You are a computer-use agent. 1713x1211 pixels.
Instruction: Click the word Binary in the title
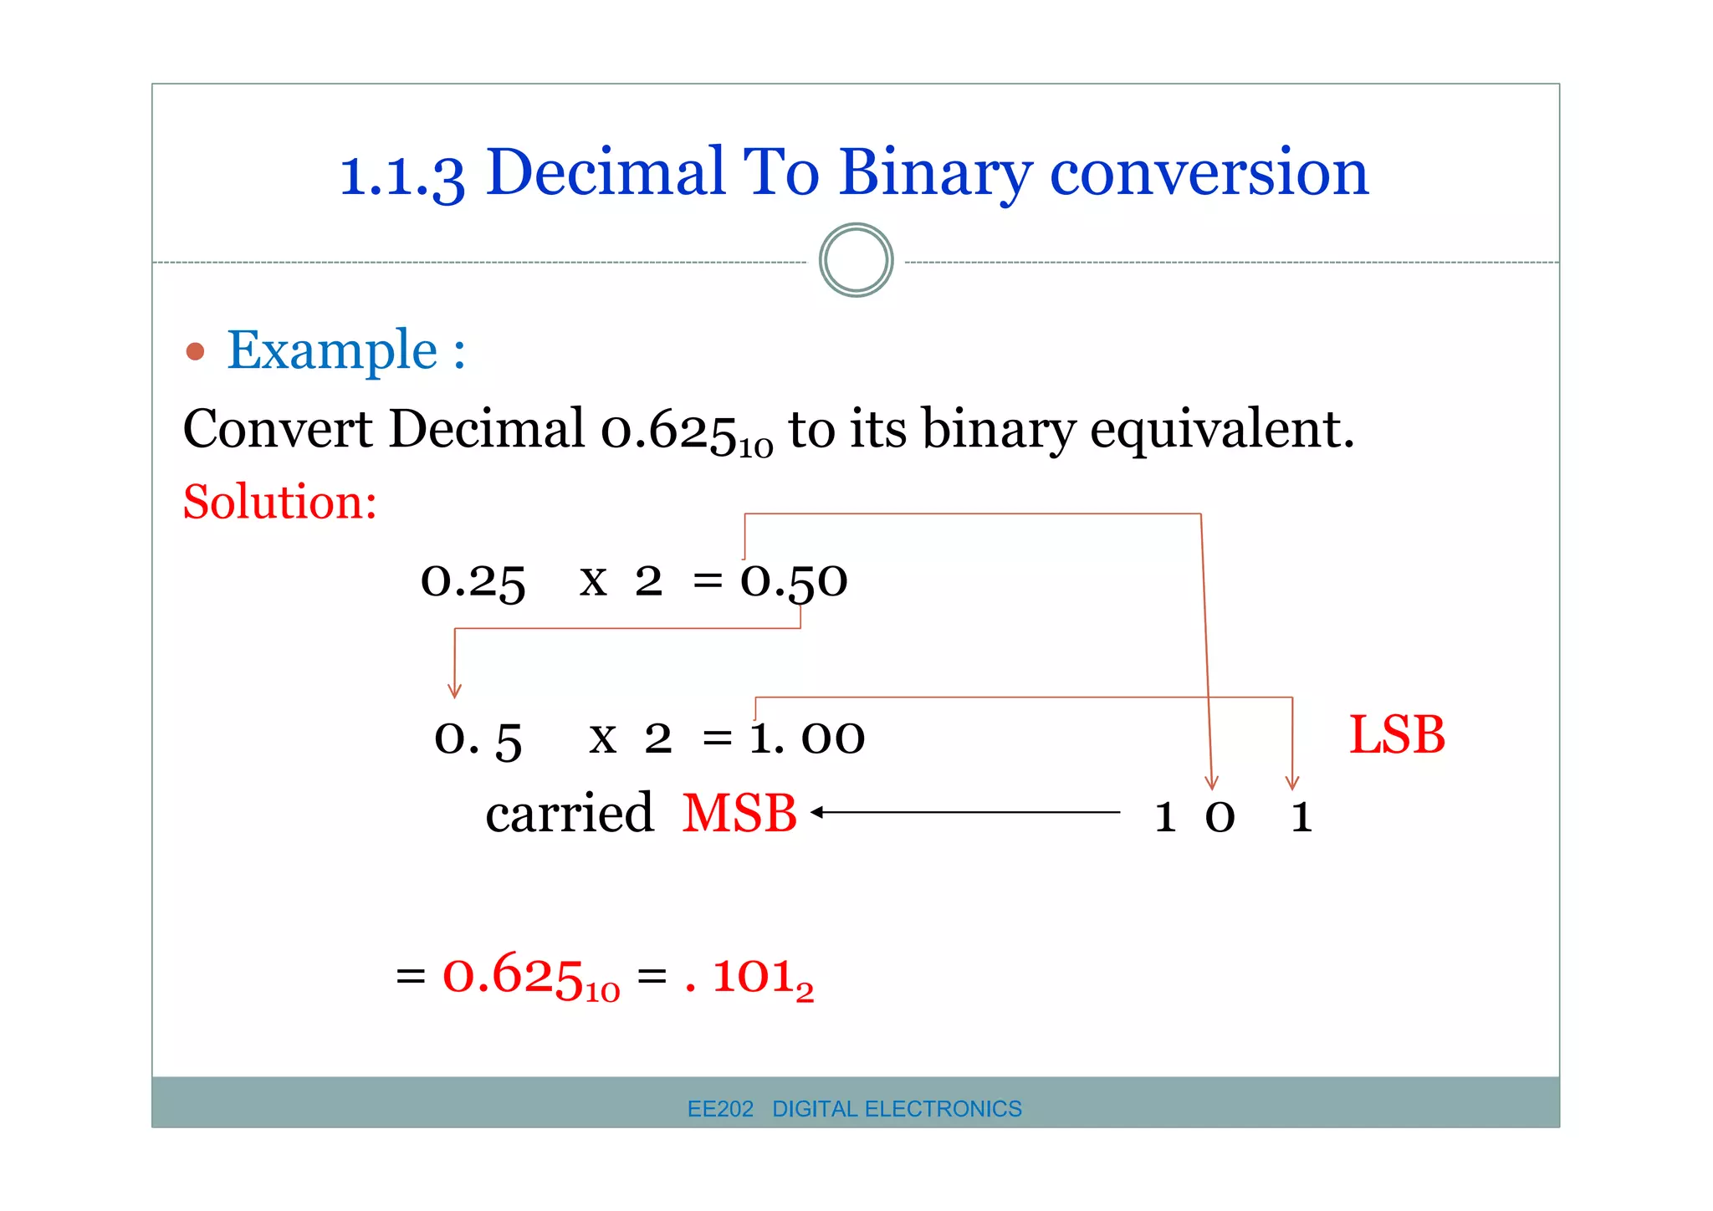coord(935,173)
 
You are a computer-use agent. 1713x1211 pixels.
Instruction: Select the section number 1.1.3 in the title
coord(401,176)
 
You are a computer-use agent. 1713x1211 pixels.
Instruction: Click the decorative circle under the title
coord(856,260)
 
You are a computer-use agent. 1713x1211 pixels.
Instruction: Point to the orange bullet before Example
coord(195,351)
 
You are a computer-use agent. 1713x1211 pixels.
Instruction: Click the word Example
coord(332,350)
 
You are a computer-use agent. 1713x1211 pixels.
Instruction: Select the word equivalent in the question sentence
coord(1221,430)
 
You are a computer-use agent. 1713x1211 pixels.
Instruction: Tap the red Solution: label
coord(280,502)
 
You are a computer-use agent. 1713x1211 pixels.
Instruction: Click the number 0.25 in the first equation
coord(473,581)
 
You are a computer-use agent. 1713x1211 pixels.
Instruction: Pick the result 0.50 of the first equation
coord(794,581)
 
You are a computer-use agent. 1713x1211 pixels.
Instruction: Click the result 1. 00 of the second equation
coord(807,738)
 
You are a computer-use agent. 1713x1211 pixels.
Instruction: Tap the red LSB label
coord(1397,736)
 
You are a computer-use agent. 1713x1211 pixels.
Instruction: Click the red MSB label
coord(739,813)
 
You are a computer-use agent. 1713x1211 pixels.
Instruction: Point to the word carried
coord(569,813)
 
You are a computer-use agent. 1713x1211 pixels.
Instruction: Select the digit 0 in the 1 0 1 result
coord(1220,817)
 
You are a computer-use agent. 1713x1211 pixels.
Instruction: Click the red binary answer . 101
coord(749,977)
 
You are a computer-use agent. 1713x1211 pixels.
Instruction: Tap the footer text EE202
coord(720,1109)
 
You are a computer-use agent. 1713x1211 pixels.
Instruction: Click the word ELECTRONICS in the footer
coord(943,1109)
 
